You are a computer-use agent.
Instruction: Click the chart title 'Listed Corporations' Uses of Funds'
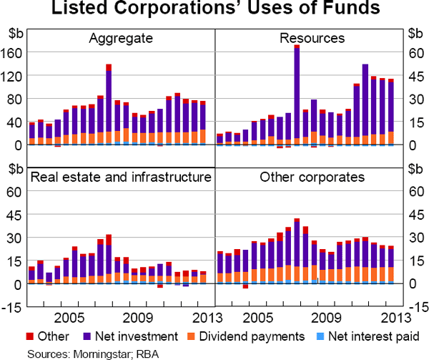(x=214, y=10)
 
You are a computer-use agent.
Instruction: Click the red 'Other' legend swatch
(x=32, y=335)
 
